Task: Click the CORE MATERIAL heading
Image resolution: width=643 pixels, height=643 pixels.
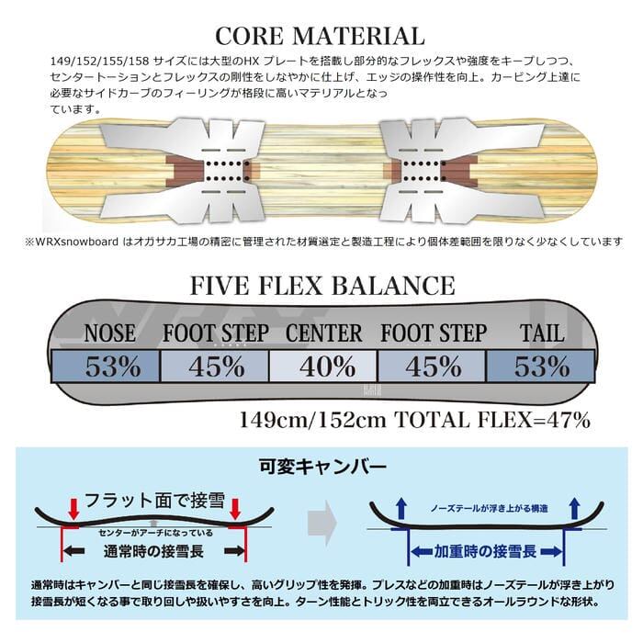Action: pyautogui.click(x=321, y=37)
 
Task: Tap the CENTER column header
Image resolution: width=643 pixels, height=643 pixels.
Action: pyautogui.click(x=323, y=333)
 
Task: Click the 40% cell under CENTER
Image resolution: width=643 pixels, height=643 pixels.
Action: pyautogui.click(x=323, y=367)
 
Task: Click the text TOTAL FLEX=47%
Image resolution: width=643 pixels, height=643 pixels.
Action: pyautogui.click(x=491, y=420)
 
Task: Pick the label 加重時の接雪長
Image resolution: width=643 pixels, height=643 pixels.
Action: pyautogui.click(x=474, y=552)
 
